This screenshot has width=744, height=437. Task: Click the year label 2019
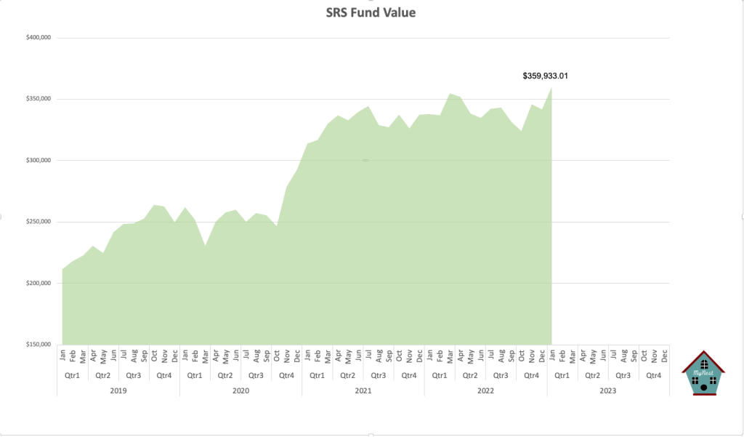(118, 390)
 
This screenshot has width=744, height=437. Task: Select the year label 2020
(240, 390)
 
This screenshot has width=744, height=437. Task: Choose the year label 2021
(363, 390)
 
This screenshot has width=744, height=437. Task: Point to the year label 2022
(485, 390)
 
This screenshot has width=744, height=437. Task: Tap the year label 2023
(608, 390)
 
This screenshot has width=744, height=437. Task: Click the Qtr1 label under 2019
(73, 375)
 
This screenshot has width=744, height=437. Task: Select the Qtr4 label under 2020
(287, 375)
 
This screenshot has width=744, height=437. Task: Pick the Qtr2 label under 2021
(348, 375)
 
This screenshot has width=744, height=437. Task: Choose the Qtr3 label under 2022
(501, 375)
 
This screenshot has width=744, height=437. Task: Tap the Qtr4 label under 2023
(654, 375)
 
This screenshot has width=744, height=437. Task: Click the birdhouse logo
(703, 373)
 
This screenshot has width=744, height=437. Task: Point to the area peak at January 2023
(551, 88)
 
